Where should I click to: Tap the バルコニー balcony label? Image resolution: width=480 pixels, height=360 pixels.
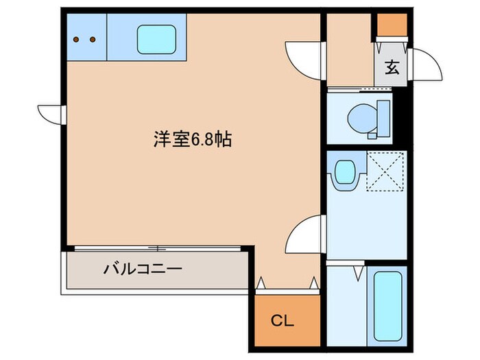pos(143,268)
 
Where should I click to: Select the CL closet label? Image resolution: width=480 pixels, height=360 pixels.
pos(280,320)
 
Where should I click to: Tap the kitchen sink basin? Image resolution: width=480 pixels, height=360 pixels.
pos(157,40)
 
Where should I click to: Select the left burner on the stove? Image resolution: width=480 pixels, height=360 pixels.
pos(77,39)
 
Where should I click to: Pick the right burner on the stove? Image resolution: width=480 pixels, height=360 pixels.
pos(93,39)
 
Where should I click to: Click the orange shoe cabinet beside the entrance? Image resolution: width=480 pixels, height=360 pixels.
pos(390,24)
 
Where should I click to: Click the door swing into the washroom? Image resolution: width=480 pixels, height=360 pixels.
pos(304,233)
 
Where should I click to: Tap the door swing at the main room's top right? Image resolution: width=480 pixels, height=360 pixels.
pos(302,58)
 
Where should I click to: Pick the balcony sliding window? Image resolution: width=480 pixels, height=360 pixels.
pos(158,248)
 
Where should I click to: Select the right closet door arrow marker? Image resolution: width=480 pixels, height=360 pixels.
pos(314,281)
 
